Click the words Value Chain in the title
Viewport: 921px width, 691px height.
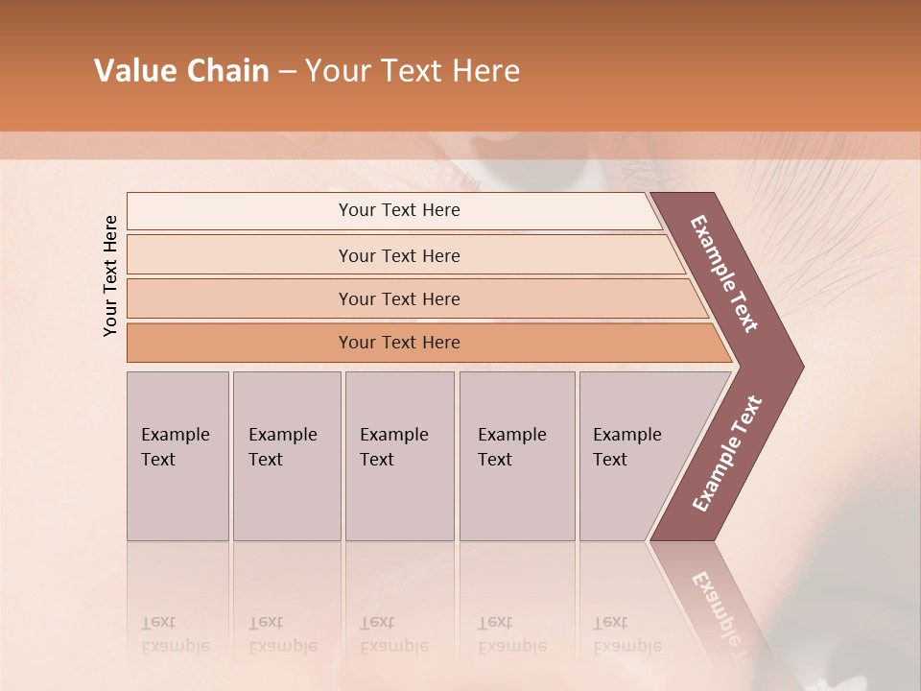click(x=181, y=71)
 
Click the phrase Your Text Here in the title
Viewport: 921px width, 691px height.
click(x=413, y=71)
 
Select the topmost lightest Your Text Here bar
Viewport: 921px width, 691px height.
click(x=398, y=210)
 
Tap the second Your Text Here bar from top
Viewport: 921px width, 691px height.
click(x=398, y=255)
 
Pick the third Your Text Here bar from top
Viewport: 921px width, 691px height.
click(x=398, y=298)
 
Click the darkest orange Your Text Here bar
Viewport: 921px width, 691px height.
click(x=398, y=343)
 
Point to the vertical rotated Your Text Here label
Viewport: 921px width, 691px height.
click(x=110, y=275)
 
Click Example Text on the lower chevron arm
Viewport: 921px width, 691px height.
click(x=727, y=453)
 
